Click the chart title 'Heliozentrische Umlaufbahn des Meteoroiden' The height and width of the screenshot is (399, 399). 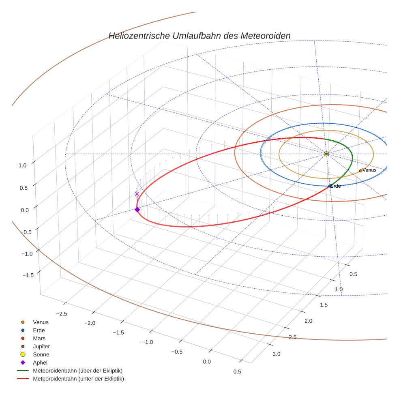pos(199,36)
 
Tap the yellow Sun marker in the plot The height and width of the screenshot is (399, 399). pos(326,154)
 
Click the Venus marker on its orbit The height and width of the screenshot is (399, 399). pos(360,171)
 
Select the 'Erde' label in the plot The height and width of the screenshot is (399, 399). pos(336,186)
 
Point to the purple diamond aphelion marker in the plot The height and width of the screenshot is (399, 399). pos(137,209)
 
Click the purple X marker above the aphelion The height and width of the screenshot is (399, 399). pos(137,194)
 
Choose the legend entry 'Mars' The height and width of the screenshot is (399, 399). pos(39,338)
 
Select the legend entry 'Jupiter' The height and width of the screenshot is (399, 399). pos(41,346)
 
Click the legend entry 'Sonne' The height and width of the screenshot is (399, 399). pos(41,354)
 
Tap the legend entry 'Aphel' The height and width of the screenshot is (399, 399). pos(40,363)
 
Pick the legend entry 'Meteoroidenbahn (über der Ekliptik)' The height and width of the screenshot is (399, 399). pos(77,371)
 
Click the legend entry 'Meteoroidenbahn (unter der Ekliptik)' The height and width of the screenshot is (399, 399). pos(78,379)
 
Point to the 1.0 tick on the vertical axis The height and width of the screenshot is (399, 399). pos(22,165)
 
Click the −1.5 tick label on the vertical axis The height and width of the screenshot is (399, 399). pos(28,275)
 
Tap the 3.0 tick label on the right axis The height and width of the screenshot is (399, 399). pos(276,354)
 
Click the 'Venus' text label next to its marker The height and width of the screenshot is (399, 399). pos(369,170)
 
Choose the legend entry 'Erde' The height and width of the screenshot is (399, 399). pos(39,330)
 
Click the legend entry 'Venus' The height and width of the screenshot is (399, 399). pos(41,322)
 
